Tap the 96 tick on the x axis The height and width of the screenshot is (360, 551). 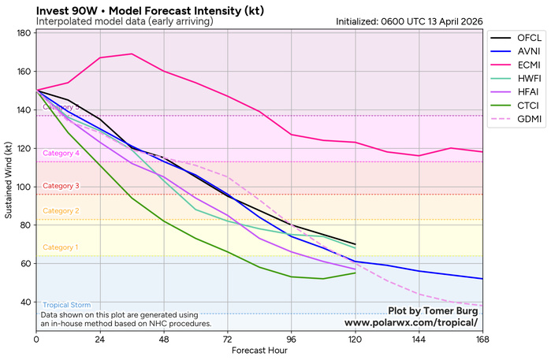pos(292,339)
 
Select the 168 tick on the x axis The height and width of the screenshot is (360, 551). pos(482,339)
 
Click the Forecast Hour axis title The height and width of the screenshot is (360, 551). pos(259,351)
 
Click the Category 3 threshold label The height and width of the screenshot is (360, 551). pos(61,187)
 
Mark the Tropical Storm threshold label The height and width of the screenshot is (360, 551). pos(66,306)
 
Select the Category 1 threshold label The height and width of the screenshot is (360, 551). pos(61,247)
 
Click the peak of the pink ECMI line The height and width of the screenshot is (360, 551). pos(132,54)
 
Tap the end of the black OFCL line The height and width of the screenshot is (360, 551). pos(355,244)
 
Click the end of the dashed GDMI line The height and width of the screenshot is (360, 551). pos(482,306)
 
